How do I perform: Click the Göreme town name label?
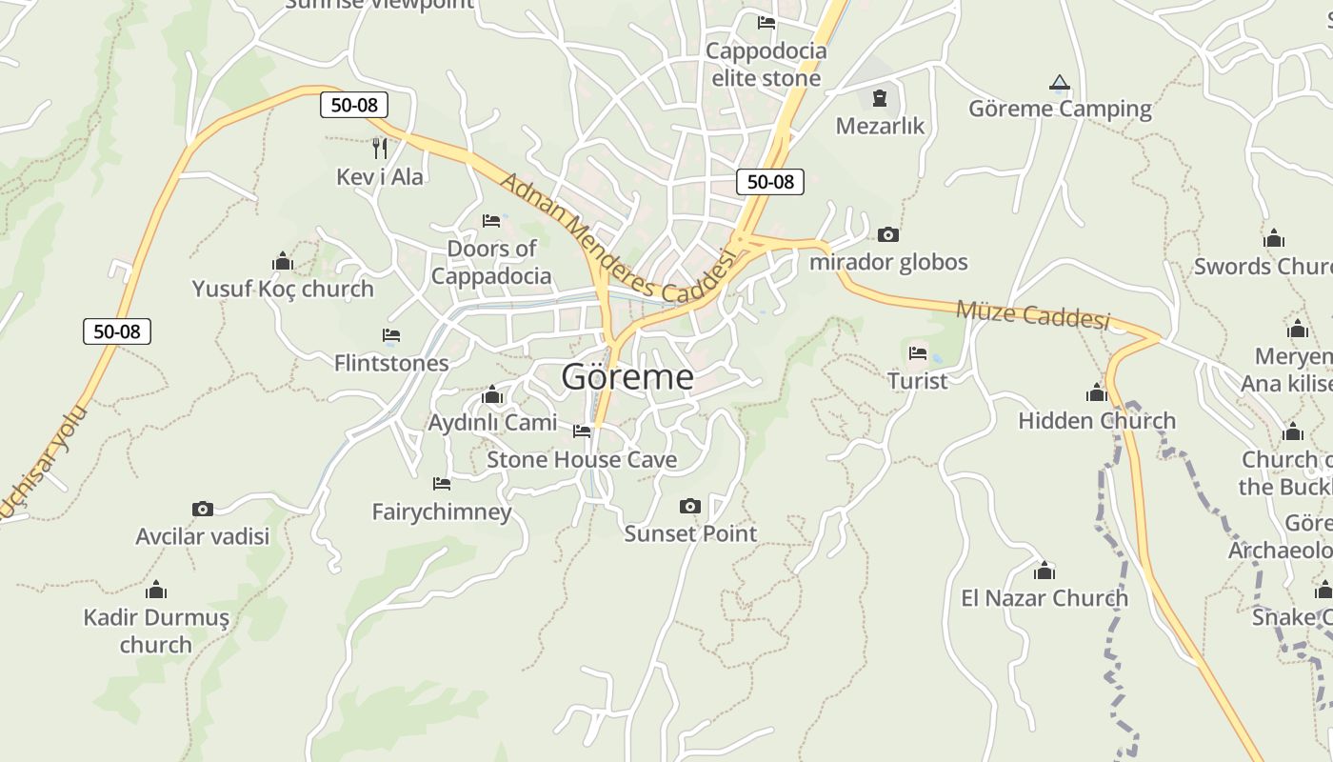coord(627,377)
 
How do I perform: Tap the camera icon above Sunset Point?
coord(690,506)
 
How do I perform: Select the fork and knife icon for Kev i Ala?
coord(379,149)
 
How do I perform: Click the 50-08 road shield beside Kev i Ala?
coord(353,105)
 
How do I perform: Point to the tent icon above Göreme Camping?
coord(1060,83)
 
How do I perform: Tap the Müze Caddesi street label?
coord(1033,313)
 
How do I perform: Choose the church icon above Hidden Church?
coord(1097,392)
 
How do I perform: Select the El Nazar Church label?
coord(1045,598)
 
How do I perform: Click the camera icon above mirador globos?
coord(887,234)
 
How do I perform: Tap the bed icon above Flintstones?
coord(390,335)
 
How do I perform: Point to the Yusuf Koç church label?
coord(283,289)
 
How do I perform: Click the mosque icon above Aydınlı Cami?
coord(492,394)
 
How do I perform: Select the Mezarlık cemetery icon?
coord(879,97)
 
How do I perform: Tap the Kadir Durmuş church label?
coord(156,631)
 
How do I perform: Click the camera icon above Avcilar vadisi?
coord(202,509)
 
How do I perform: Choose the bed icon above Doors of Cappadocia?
coord(491,221)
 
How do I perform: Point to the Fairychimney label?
coord(442,511)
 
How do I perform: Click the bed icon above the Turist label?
coord(918,353)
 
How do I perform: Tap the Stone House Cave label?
coord(582,460)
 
